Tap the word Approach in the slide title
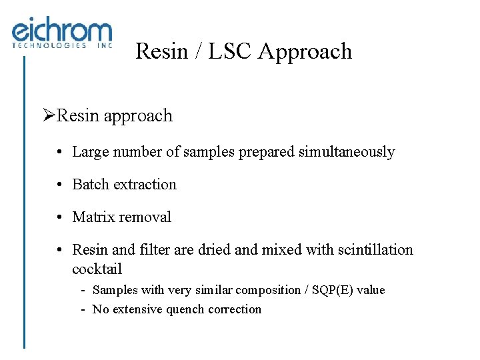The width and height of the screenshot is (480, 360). click(x=305, y=51)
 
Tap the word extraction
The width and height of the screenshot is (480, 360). click(x=145, y=185)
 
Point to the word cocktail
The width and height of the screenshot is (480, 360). click(x=97, y=269)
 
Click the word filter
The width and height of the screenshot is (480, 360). click(x=153, y=250)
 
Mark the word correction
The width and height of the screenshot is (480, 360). click(x=235, y=309)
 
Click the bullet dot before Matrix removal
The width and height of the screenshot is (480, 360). click(x=60, y=217)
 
